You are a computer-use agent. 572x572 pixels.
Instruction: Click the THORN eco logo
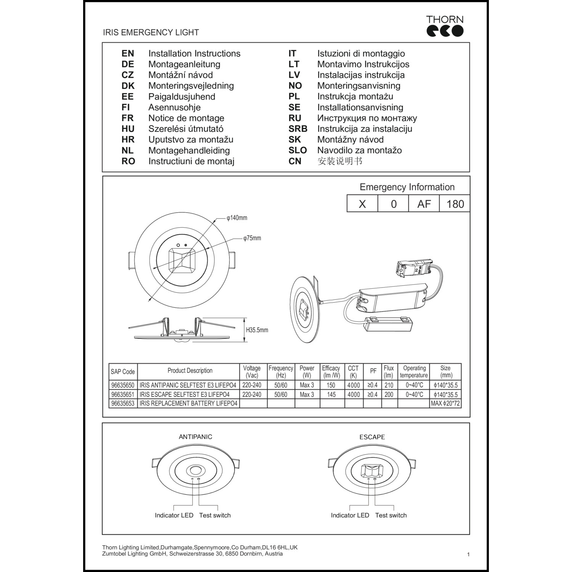tap(445, 26)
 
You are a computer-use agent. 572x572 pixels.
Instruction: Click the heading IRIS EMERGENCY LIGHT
tap(151, 32)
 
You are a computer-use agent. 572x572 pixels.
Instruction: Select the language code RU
tap(295, 118)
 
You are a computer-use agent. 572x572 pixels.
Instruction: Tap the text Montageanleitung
tap(184, 64)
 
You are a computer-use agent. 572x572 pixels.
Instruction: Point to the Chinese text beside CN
tap(340, 161)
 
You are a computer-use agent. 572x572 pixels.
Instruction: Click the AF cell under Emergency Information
tap(424, 204)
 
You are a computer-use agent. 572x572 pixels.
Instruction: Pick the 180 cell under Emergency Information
tap(455, 204)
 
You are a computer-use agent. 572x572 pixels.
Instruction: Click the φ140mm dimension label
tap(237, 218)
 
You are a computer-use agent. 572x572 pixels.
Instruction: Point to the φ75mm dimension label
tap(252, 238)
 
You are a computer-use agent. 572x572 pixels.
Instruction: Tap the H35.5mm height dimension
tap(257, 330)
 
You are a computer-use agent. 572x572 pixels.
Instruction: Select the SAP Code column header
tap(123, 372)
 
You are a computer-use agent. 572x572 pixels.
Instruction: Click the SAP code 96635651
tap(123, 395)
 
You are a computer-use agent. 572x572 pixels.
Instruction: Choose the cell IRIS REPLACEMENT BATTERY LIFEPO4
tap(188, 403)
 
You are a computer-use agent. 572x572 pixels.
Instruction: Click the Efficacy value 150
tap(331, 386)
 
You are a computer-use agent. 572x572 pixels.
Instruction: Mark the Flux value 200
tap(389, 395)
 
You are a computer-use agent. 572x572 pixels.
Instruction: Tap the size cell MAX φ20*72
tap(445, 403)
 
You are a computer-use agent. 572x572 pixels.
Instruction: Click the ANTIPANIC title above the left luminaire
tap(195, 437)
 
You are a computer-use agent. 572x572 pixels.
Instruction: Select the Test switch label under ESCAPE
tap(391, 516)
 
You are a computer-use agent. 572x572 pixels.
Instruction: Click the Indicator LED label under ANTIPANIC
tap(174, 516)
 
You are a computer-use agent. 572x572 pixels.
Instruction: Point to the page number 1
tap(468, 554)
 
